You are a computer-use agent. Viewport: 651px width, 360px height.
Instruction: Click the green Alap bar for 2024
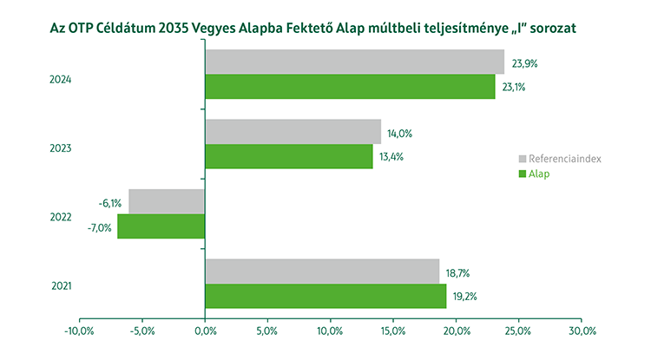click(x=350, y=87)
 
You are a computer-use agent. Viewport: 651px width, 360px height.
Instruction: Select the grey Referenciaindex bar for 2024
click(x=354, y=62)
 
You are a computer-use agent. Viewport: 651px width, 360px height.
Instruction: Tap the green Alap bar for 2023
click(x=289, y=156)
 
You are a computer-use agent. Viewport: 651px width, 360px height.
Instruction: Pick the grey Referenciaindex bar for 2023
click(x=293, y=132)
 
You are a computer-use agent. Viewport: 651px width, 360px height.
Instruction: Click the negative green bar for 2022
click(x=161, y=226)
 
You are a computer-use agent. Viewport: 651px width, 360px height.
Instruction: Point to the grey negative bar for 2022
click(x=167, y=201)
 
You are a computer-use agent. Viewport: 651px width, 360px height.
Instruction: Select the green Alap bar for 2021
click(x=325, y=296)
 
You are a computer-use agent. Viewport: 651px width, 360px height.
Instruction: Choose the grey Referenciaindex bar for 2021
click(x=322, y=272)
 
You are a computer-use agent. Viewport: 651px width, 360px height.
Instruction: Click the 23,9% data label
click(x=526, y=63)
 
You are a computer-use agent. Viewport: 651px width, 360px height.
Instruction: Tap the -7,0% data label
click(x=99, y=227)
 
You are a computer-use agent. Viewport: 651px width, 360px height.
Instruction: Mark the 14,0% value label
click(x=399, y=133)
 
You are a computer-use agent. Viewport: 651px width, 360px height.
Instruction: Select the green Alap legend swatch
click(x=523, y=174)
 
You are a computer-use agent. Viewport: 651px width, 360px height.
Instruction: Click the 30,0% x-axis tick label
click(x=582, y=331)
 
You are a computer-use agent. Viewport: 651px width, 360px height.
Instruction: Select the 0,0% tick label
click(x=205, y=331)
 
